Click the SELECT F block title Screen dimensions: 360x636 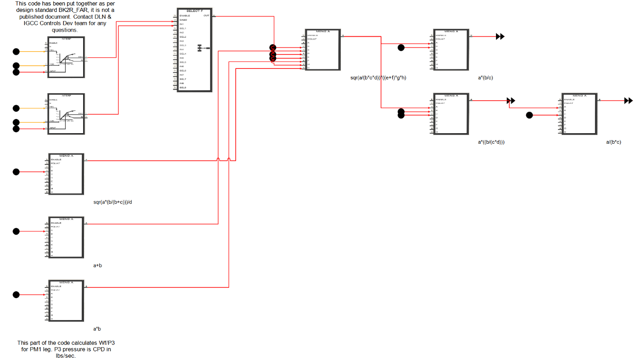(x=194, y=11)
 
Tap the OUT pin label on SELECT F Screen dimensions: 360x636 (x=206, y=16)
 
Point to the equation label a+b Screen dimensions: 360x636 (x=98, y=265)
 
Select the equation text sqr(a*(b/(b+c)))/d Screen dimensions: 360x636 (x=113, y=202)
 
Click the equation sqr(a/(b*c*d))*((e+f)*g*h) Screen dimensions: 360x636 (x=378, y=78)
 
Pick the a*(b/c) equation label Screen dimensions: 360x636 (x=486, y=78)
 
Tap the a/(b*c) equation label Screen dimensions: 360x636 (x=613, y=142)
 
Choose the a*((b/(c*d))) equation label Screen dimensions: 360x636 (x=491, y=142)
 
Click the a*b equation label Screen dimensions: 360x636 (x=97, y=329)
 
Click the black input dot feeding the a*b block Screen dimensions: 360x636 (x=16, y=294)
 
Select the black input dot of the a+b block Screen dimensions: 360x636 (x=16, y=231)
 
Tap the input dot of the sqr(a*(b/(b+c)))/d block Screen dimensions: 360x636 (x=16, y=172)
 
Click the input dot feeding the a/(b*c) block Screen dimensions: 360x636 (x=529, y=115)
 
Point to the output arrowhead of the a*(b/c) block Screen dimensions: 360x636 (x=501, y=37)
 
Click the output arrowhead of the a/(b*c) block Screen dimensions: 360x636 (x=629, y=101)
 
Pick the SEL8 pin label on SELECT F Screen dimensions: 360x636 (x=182, y=87)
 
